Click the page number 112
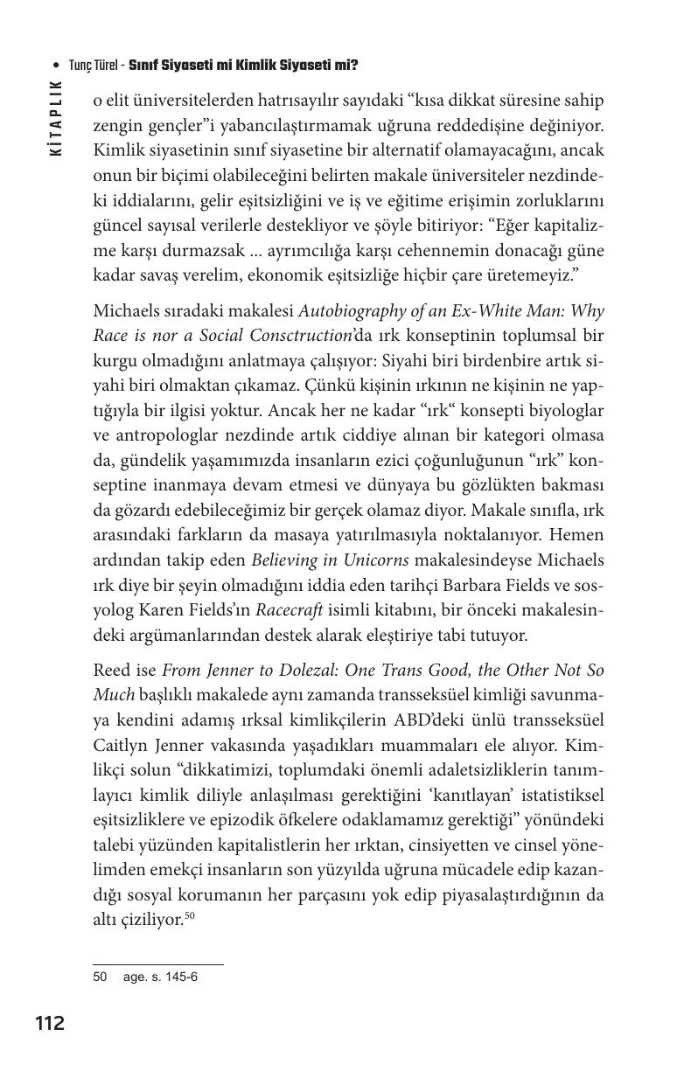(x=50, y=1023)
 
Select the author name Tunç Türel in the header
(x=96, y=66)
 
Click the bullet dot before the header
(x=57, y=66)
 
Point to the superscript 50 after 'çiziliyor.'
(x=189, y=915)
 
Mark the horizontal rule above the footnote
(x=157, y=965)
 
